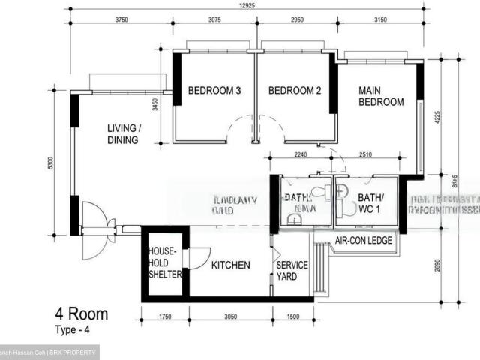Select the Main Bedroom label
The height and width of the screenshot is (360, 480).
381,96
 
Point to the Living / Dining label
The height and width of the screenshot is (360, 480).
124,133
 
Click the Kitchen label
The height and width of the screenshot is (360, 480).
230,265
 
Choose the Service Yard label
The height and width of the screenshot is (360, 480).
292,271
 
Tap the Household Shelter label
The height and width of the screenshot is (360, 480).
164,263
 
